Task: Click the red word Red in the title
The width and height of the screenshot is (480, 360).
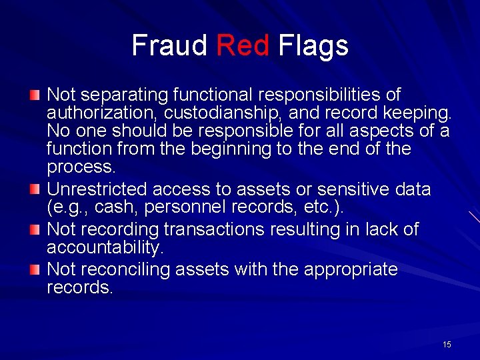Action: [x=243, y=46]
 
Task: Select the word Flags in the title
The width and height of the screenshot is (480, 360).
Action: [x=313, y=46]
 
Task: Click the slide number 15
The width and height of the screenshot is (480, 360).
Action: [x=447, y=345]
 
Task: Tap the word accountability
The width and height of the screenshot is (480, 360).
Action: [x=104, y=248]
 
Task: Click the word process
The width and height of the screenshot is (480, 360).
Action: [x=80, y=167]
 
